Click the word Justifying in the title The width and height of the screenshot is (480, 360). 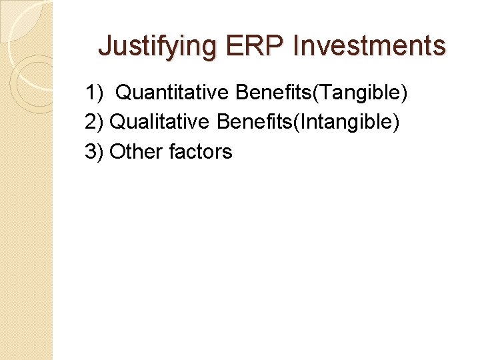[157, 46]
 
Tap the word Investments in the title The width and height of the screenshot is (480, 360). [369, 46]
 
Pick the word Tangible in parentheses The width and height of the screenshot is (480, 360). [362, 93]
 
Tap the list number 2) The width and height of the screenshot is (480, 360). [94, 122]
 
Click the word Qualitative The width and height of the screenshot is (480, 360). [161, 122]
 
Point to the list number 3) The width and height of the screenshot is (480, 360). [94, 151]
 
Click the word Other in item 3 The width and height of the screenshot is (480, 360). [136, 151]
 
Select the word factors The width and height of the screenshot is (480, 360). [201, 151]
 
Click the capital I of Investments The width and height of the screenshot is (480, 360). [297, 46]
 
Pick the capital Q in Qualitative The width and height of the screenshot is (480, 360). [117, 122]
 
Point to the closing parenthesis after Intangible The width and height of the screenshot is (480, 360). [397, 122]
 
